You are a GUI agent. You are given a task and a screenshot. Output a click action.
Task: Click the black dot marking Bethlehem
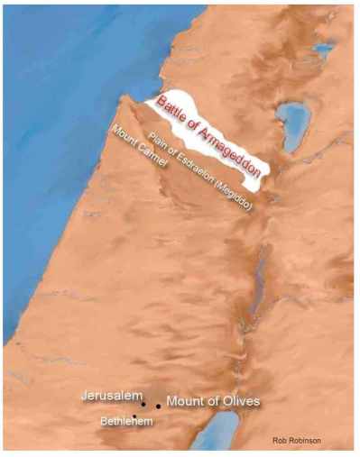point(134,416)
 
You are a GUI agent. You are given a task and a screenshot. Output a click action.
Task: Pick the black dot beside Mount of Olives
point(158,406)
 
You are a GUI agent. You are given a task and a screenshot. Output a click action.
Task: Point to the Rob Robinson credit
point(296,440)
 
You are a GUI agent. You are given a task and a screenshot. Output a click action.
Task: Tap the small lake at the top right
point(322,50)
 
